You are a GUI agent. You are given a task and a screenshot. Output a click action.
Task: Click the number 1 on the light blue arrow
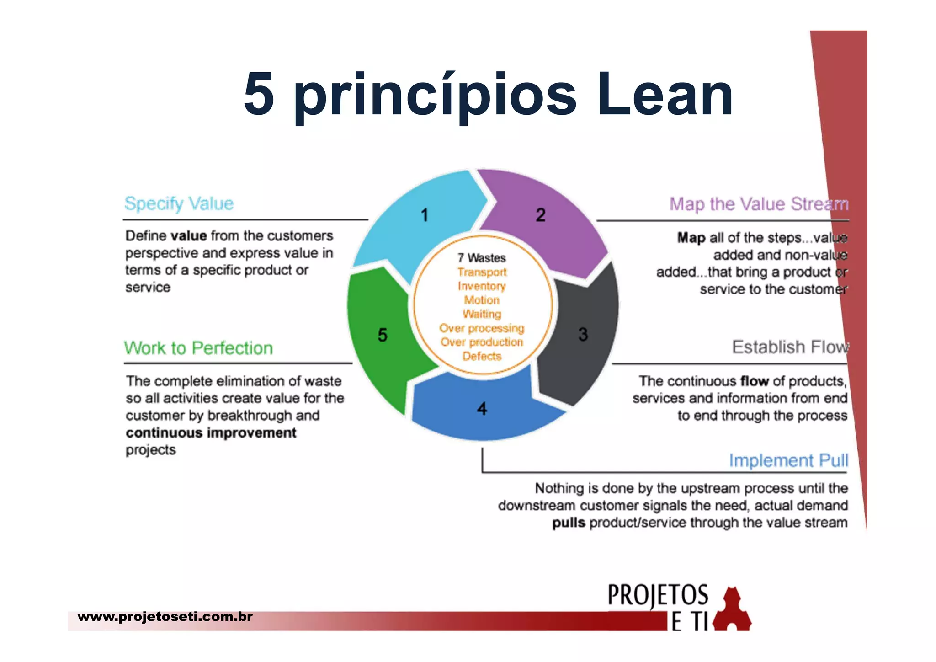coord(425,215)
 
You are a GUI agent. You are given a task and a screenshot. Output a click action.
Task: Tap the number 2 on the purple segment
coord(541,215)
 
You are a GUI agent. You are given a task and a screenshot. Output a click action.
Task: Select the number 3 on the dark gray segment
coord(583,334)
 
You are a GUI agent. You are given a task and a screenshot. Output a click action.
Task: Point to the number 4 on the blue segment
coord(482,408)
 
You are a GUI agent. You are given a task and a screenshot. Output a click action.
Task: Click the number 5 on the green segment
coord(383,335)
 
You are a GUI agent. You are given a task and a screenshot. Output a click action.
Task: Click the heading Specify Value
coord(179,203)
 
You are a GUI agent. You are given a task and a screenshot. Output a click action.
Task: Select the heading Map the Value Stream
coord(759,204)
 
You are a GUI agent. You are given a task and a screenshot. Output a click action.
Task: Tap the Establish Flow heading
coord(790,347)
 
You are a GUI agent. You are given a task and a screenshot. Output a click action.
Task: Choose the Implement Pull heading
coord(788,460)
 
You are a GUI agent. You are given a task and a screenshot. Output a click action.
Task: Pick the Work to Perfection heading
coord(198,348)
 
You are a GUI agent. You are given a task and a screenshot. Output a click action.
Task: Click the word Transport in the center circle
coord(482,272)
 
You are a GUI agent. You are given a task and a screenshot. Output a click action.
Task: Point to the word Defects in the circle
coord(482,356)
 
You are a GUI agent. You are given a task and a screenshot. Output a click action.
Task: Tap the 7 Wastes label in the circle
coord(482,258)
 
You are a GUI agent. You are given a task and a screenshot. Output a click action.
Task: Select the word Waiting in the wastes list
coord(482,314)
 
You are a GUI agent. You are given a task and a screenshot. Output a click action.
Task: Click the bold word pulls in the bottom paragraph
coord(568,523)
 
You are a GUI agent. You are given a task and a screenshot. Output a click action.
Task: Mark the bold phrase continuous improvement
coord(211,432)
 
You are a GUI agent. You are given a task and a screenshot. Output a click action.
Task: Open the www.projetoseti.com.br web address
coord(165,617)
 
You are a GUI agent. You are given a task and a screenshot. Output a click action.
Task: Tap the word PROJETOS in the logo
coord(658,595)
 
